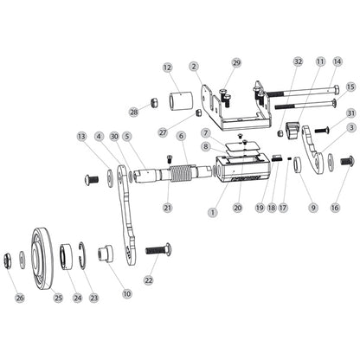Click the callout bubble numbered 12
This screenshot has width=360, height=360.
tap(167, 67)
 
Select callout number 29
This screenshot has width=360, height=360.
tap(236, 63)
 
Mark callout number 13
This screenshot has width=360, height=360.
tap(105, 137)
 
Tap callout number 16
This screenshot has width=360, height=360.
tap(336, 207)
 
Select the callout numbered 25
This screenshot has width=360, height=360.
tap(59, 298)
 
